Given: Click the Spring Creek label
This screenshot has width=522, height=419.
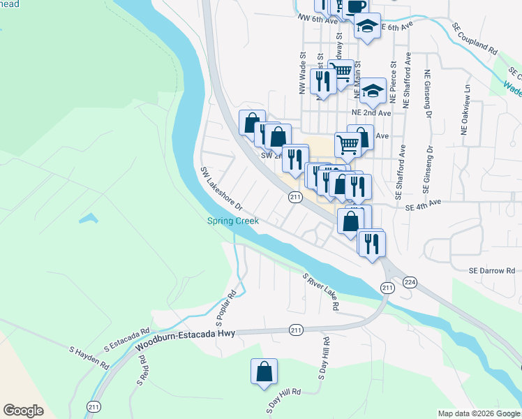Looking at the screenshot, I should (233, 221).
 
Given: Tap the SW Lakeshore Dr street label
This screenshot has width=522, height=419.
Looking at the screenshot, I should (221, 189).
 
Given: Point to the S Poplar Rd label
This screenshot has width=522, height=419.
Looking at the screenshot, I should (228, 308).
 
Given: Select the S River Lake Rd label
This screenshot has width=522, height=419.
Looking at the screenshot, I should (321, 292).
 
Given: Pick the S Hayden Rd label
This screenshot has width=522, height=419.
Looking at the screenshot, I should (89, 356).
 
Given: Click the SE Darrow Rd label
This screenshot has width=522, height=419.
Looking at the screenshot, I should (491, 270).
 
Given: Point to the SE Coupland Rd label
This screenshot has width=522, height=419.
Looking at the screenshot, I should (475, 41).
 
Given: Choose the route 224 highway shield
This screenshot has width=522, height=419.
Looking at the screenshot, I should (410, 282).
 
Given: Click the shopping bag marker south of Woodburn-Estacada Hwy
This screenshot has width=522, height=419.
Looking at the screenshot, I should (264, 372).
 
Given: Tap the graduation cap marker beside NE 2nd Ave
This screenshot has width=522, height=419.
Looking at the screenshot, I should (373, 89).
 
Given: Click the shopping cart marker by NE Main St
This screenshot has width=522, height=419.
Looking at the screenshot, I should (340, 71).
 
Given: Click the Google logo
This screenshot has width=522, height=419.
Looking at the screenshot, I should (23, 410).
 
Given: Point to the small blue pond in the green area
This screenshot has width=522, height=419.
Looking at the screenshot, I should (89, 219).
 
